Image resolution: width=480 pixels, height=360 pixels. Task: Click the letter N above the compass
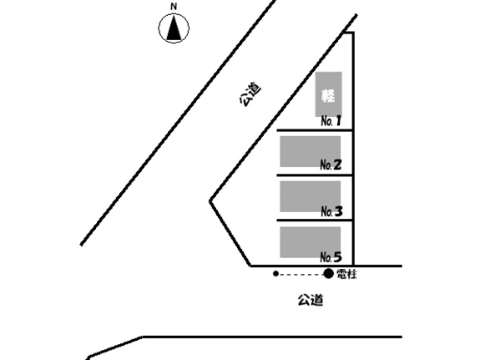pos(174,6)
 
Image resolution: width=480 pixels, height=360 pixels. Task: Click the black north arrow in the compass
pos(174,28)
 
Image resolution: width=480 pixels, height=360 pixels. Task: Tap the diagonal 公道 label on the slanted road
pos(250,94)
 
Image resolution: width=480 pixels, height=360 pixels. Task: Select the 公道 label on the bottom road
pos(311,300)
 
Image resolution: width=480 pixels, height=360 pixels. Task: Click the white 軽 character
pos(328,95)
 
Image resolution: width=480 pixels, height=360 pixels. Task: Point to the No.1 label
pos(331,121)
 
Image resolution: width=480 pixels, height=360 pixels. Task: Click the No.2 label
pos(331,165)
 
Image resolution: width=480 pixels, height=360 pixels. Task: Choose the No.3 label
pos(332,211)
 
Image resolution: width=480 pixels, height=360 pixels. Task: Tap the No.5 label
pos(331,257)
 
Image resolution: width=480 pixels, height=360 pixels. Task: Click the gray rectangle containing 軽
pos(328,94)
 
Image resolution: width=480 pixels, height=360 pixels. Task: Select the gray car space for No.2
pos(310,152)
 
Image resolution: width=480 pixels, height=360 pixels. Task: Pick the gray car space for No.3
pos(310,196)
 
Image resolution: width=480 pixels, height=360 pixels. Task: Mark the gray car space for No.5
pos(310,242)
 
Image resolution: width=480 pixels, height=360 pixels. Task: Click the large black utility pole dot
pos(328,274)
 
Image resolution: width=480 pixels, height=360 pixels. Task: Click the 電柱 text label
pos(346,274)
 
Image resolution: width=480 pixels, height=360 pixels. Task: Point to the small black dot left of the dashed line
pos(275,274)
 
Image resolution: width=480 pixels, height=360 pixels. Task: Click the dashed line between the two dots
pos(301,274)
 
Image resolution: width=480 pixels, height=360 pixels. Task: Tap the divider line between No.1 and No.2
pos(315,131)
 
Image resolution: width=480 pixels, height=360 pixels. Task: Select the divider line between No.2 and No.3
pos(315,175)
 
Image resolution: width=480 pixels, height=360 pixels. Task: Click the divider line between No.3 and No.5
pos(315,221)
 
